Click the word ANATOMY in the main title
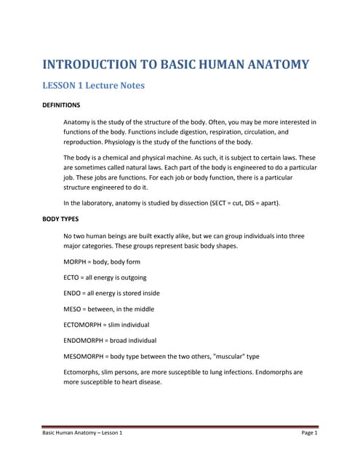pyautogui.click(x=273, y=64)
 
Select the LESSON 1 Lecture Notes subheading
pyautogui.click(x=94, y=86)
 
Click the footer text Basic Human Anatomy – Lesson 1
pyautogui.click(x=81, y=432)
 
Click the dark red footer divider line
pyautogui.click(x=180, y=426)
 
